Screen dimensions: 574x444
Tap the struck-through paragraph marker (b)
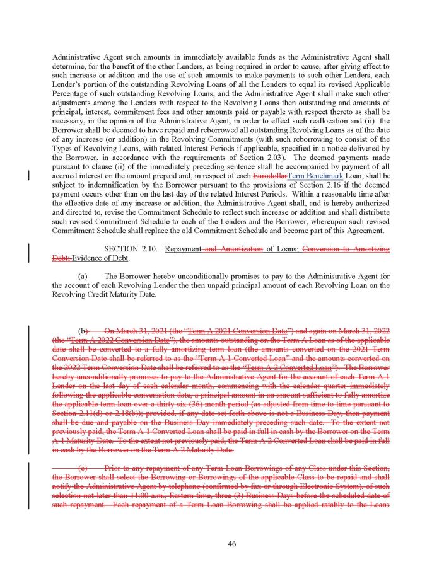point(83,330)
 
